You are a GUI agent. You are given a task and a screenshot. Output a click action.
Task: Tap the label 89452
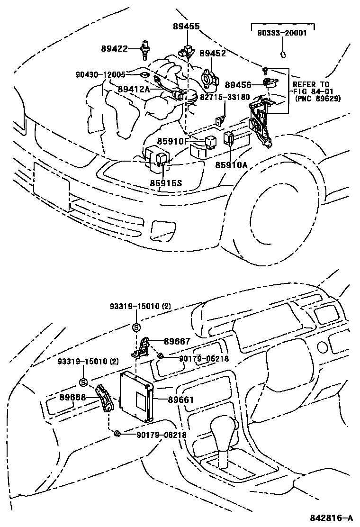[x=212, y=54]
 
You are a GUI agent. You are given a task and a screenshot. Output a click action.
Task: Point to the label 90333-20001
[x=282, y=33]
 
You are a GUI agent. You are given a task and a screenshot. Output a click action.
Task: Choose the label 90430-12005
[x=100, y=74]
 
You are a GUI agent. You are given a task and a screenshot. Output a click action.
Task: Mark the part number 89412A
[x=134, y=89]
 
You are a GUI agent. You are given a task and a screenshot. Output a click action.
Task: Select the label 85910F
[x=173, y=141]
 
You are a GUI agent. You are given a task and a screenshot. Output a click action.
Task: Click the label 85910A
[x=232, y=165]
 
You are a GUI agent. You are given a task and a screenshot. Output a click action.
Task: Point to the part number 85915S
[x=166, y=182]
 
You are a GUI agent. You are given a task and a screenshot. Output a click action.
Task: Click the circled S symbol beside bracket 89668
[x=83, y=382]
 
